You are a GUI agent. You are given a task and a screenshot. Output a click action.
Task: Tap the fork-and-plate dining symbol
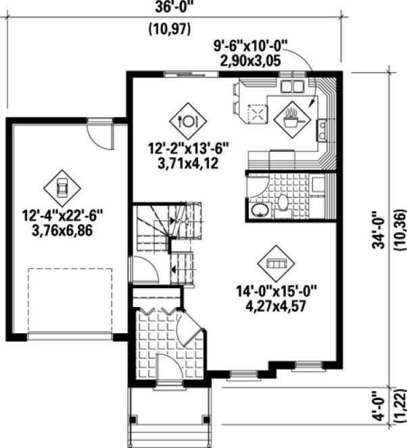pos(187,120)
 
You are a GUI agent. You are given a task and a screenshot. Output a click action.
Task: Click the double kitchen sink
pos(292,85)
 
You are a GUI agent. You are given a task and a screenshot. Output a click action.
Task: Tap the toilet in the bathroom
pos(283,202)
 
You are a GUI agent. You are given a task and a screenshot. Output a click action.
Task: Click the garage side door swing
pos(101,137)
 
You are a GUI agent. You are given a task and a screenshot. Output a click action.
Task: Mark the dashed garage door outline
pos(70,300)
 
